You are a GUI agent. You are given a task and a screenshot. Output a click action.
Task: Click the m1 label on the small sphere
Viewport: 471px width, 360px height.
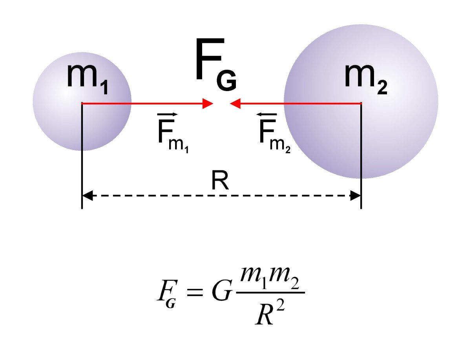[87, 77]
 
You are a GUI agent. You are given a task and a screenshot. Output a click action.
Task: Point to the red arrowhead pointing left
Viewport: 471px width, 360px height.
[235, 104]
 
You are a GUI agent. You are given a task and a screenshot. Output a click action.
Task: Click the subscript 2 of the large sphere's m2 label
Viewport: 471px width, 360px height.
[382, 88]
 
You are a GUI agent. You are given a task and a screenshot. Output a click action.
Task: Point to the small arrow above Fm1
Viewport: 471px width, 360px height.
[167, 114]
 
